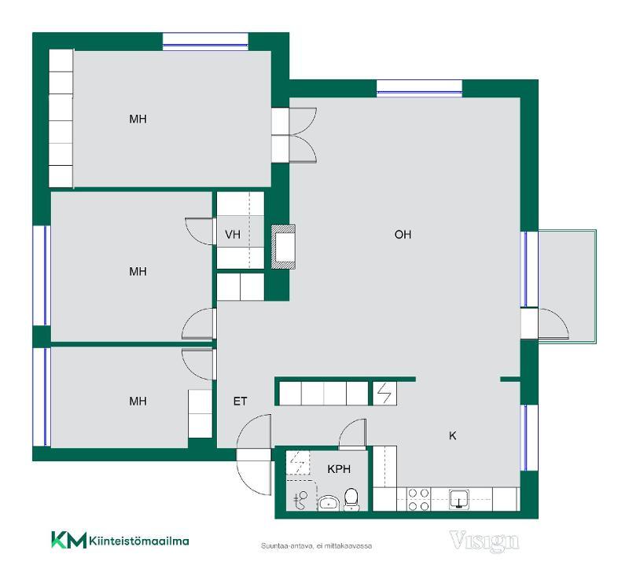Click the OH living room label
(x=403, y=234)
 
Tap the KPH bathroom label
(x=339, y=468)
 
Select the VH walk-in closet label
(x=233, y=234)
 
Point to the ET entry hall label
(x=240, y=401)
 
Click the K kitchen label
(x=453, y=435)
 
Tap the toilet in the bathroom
(x=351, y=499)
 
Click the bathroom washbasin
(x=329, y=503)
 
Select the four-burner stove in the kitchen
(x=418, y=500)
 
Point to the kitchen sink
(x=459, y=499)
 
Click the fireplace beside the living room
(x=284, y=247)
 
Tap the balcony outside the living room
(x=567, y=287)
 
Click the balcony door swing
(x=554, y=324)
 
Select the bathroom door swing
(x=352, y=434)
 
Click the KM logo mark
(x=68, y=540)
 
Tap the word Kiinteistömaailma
(x=139, y=541)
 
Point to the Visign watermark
(x=484, y=541)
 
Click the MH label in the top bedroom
(x=138, y=119)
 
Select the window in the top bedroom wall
(x=205, y=42)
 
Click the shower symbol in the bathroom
(x=300, y=500)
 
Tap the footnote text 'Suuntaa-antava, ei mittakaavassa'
(x=317, y=545)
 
